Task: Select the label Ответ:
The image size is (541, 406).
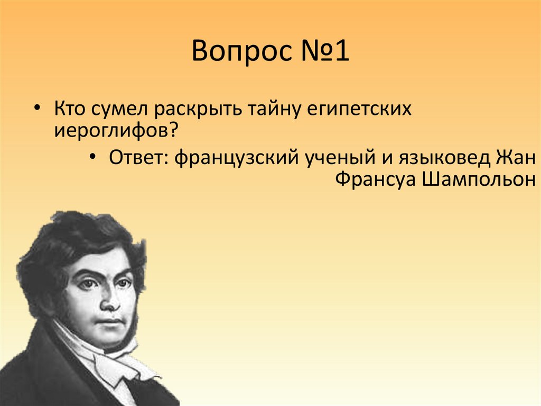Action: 137,158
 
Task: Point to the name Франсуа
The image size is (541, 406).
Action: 375,179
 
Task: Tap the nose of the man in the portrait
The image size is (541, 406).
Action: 109,302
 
